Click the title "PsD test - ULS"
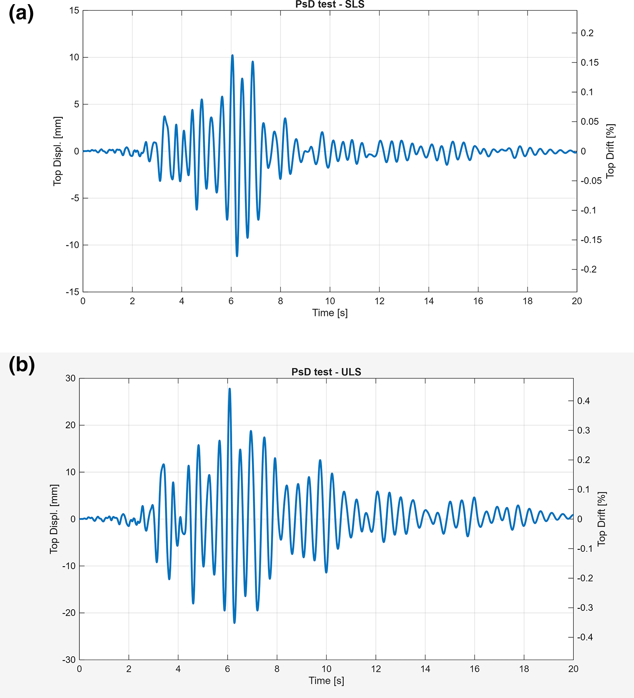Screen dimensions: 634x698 pos(326,372)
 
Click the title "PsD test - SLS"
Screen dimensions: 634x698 pos(330,5)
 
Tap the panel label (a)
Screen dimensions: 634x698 pos(21,14)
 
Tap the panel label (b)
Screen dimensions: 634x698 pos(21,365)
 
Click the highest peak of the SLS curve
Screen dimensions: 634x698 pos(232,55)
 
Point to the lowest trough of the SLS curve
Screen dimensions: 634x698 pos(237,256)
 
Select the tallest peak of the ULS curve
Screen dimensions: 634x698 pos(229,388)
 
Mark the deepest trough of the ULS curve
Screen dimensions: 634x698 pos(235,623)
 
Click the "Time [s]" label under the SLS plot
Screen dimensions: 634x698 pos(330,313)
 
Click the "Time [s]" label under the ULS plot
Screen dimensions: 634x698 pos(326,681)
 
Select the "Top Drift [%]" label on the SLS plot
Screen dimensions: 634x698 pos(610,151)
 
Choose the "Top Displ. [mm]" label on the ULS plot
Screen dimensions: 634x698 pos(54,519)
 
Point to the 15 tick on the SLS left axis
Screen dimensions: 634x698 pos(74,10)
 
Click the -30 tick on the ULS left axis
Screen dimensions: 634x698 pos(69,660)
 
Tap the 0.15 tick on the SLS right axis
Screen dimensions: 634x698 pos(590,62)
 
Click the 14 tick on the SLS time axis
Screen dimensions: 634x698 pos(429,301)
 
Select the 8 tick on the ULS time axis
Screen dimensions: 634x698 pos(277,669)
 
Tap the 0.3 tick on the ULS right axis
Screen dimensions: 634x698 pos(584,430)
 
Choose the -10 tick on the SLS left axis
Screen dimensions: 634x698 pos(72,245)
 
